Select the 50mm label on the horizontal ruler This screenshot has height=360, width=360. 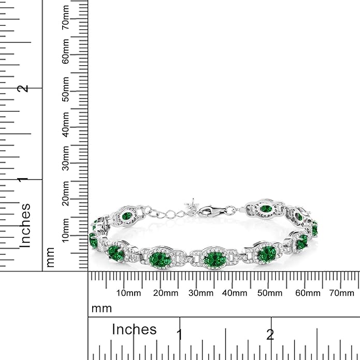[x=270, y=293]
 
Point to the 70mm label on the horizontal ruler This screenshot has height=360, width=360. [x=341, y=293]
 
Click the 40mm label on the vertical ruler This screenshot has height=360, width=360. [x=66, y=122]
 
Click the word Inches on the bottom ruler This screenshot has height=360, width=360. [x=134, y=329]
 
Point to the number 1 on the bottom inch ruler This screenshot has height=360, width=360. [x=180, y=334]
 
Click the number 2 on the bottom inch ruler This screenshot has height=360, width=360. [x=270, y=334]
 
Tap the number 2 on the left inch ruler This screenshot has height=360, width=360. [x=23, y=89]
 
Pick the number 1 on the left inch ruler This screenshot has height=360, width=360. [x=23, y=179]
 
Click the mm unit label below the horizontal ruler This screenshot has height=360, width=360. [x=101, y=309]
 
